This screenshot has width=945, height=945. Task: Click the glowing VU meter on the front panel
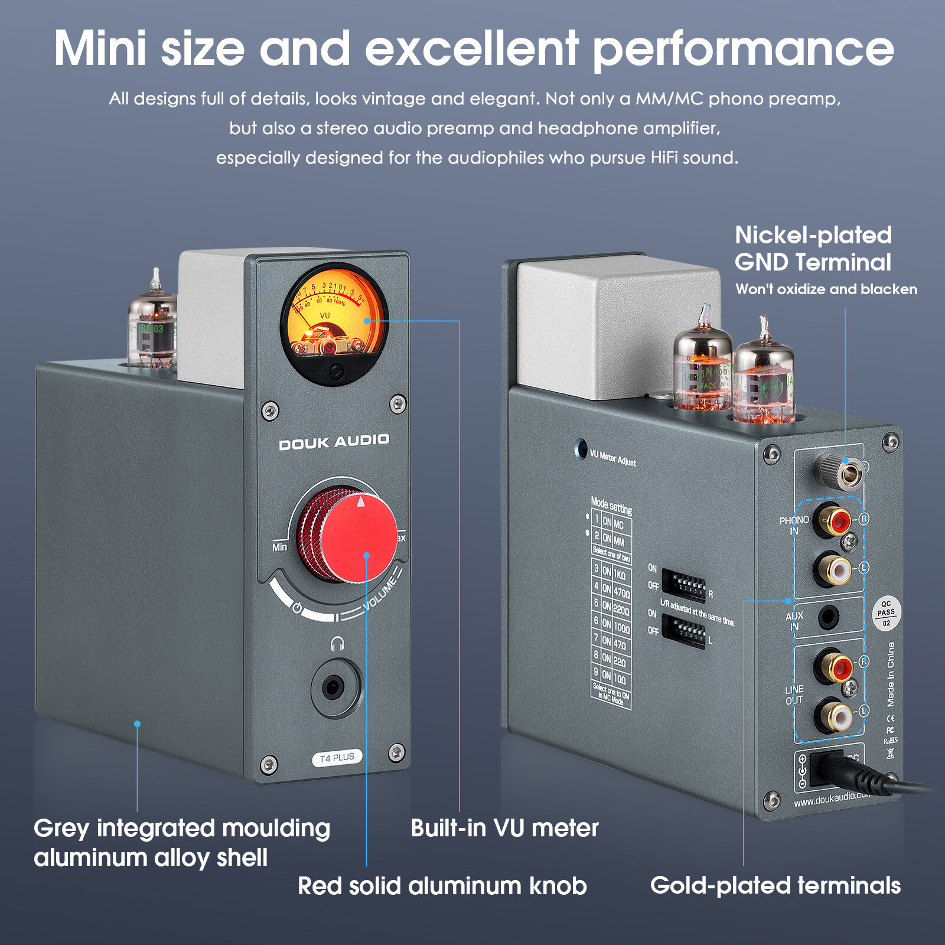pos(334,322)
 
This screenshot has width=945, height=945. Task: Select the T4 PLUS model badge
pos(337,758)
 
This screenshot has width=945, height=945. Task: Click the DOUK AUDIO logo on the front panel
pos(334,442)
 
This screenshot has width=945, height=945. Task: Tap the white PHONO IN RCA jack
pos(835,569)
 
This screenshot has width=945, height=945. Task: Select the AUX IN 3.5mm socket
pos(828,618)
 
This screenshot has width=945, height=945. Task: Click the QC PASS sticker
pos(886,613)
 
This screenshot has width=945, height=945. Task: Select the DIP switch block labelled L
pos(683,631)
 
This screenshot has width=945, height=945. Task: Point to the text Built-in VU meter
pos(504,828)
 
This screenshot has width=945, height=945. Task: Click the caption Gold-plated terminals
pos(775,885)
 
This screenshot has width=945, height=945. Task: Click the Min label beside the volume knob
pos(279,547)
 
